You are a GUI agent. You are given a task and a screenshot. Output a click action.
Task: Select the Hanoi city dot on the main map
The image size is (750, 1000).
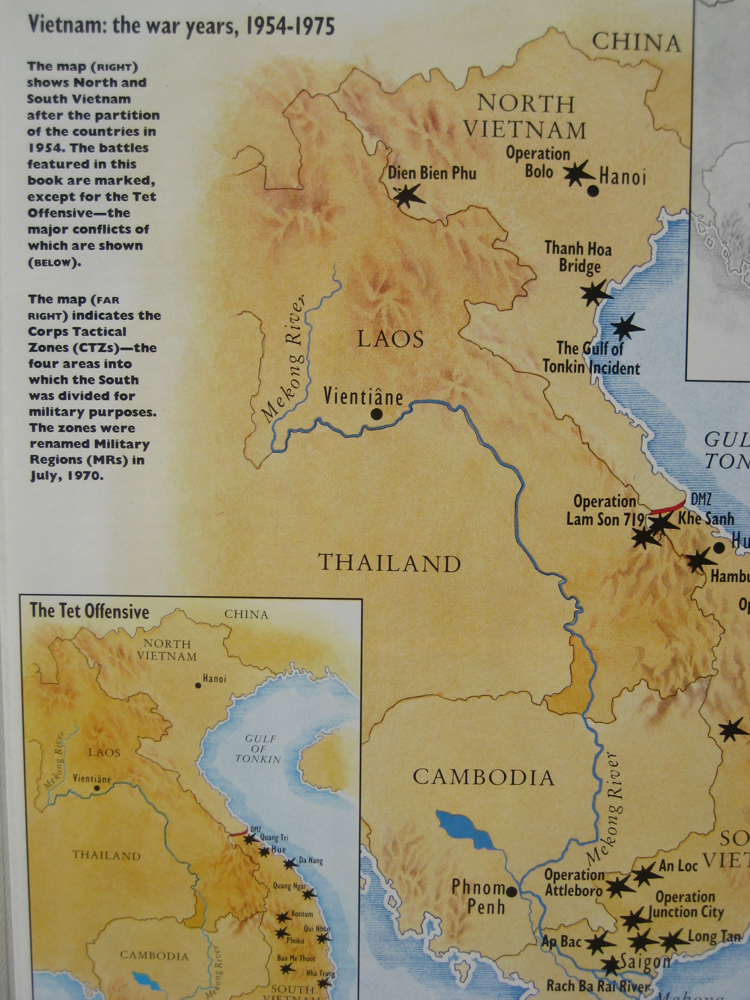(593, 191)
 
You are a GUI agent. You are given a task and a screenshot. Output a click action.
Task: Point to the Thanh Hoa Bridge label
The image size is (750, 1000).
(578, 257)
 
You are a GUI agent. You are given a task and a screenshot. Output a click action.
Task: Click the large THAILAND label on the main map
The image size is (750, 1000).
(390, 563)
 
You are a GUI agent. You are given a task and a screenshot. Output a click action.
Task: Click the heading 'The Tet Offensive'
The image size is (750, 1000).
(89, 612)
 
